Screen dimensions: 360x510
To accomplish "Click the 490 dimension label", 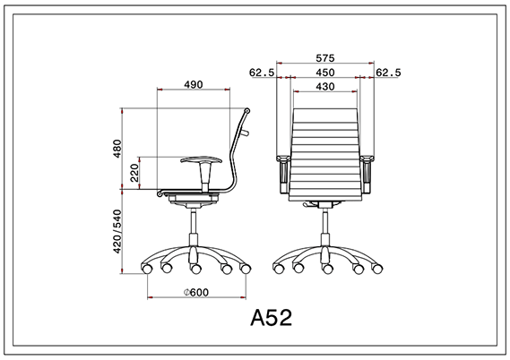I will point(192,84).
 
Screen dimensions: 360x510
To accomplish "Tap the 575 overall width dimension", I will point(325,56).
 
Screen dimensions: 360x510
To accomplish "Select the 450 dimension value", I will point(325,73).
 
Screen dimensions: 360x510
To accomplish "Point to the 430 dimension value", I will point(325,86).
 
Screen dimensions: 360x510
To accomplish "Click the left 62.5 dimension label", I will point(261,73).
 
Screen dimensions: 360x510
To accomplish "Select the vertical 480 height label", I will point(115,149).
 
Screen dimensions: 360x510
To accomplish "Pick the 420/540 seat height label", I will point(116,232).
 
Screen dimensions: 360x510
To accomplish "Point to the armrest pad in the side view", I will point(199,160).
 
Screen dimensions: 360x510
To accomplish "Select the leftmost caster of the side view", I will point(147,267).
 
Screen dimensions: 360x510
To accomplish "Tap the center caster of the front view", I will point(325,268).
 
